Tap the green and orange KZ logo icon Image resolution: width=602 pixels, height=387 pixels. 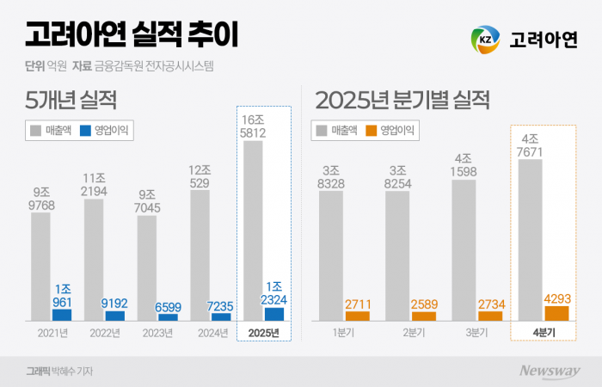pos(485,39)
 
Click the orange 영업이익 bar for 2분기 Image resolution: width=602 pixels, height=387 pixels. pos(424,316)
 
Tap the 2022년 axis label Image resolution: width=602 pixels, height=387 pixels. pos(104,334)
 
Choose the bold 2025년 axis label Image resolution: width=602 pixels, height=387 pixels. pos(264,334)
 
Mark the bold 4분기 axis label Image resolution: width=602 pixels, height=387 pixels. pos(544,334)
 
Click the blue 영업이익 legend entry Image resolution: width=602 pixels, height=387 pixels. pos(107,131)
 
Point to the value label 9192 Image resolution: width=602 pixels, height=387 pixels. pos(114,303)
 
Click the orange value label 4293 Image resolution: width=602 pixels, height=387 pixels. pos(556,298)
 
